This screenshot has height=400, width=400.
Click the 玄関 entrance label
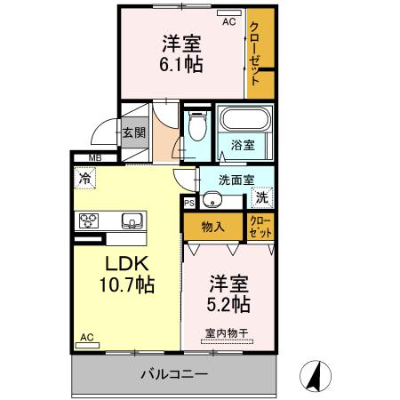pos(134,132)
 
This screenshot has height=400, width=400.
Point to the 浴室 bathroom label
pos(243,144)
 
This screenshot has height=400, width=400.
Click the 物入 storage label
pos(212,227)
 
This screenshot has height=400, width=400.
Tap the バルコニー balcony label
pos(173,374)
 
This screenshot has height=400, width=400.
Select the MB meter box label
pos(94,160)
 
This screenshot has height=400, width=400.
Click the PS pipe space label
pos(189,203)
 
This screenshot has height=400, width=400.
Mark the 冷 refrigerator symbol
pos(84,178)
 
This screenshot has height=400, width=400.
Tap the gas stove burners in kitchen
pos(90,221)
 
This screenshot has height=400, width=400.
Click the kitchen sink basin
pos(132,220)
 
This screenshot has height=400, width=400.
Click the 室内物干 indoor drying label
pos(226,332)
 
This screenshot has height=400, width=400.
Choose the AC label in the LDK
pos(87,337)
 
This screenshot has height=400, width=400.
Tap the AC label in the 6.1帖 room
pos(228,22)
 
